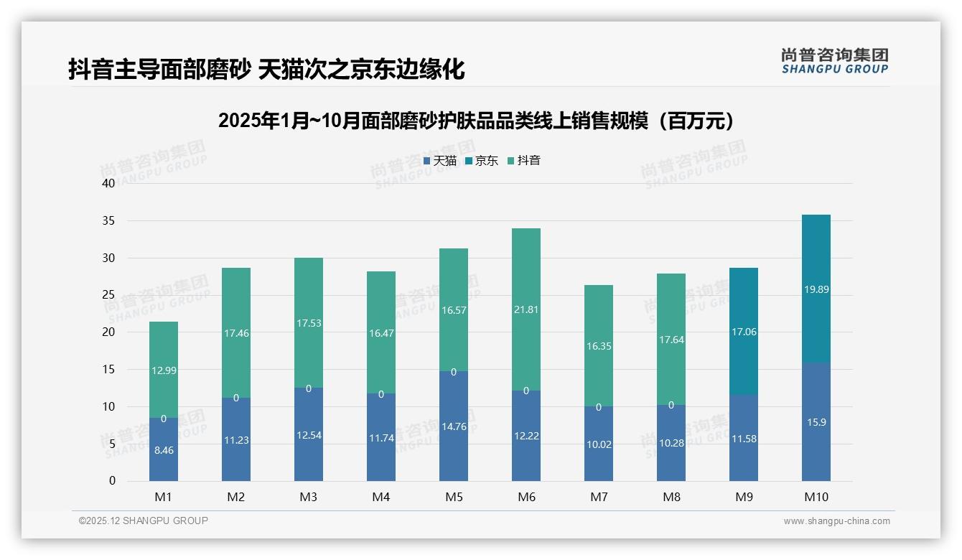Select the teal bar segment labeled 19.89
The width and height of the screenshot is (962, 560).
tap(816, 289)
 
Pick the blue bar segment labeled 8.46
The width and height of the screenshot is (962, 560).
tap(164, 449)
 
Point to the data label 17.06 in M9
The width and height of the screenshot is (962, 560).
tap(744, 332)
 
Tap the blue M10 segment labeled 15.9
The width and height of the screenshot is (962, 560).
tap(816, 421)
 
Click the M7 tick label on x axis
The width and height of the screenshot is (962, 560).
tap(599, 497)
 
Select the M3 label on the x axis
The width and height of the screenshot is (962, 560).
tap(309, 497)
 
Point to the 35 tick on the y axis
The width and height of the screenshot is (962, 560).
tap(108, 220)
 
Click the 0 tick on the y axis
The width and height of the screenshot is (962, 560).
tap(112, 481)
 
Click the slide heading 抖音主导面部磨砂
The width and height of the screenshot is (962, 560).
tap(266, 69)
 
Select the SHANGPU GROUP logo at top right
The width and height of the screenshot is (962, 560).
tap(834, 60)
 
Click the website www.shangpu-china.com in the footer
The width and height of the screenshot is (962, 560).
tap(836, 521)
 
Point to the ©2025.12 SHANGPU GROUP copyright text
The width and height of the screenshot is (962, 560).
tap(144, 521)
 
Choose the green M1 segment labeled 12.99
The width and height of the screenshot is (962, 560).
tap(164, 370)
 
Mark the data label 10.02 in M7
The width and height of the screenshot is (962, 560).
tap(599, 444)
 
